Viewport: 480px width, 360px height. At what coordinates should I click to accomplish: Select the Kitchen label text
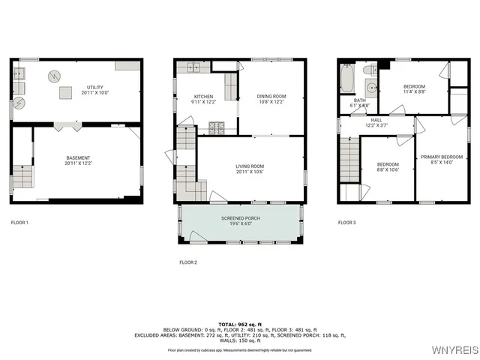pos(204,97)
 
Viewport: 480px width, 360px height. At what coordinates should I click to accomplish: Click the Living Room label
pos(250,166)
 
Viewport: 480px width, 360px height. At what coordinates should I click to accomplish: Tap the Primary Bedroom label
pos(436,157)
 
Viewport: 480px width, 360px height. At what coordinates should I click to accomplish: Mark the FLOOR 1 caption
pos(19,223)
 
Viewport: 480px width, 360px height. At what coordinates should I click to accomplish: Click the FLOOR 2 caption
pos(188,262)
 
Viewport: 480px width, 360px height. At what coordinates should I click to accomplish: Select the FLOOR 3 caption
pos(347,223)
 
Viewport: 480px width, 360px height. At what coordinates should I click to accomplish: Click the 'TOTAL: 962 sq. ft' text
pos(240,324)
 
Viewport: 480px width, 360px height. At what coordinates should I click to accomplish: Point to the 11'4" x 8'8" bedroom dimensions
pos(414,91)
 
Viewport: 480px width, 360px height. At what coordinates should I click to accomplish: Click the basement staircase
pos(24,177)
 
